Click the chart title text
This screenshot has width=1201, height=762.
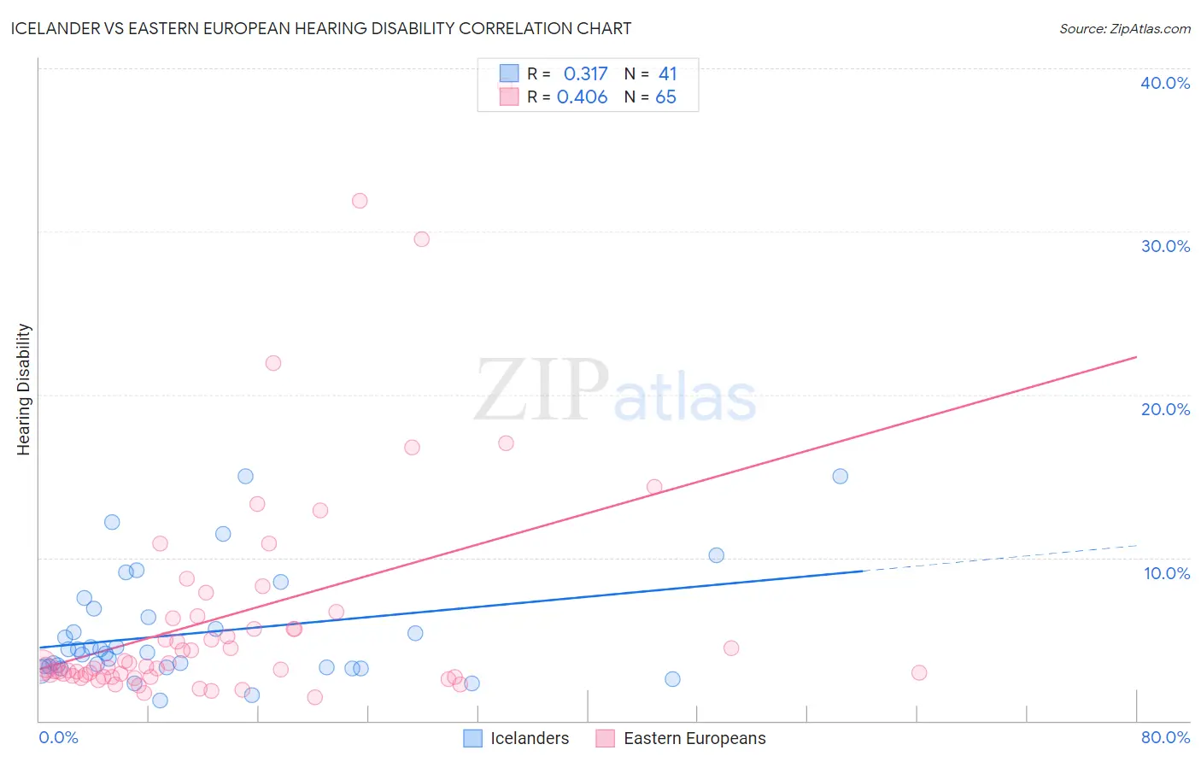point(321,28)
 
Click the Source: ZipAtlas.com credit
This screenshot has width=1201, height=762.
point(1124,28)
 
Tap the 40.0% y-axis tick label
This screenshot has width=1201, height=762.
point(1164,83)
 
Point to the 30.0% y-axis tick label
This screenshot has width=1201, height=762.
point(1164,246)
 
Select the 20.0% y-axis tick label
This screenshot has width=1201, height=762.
point(1164,409)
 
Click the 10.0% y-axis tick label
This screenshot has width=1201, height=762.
point(1166,573)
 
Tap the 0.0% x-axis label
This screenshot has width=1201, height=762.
point(58,737)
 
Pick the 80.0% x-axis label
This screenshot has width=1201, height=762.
point(1165,737)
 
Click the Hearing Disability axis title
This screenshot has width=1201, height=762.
point(24,390)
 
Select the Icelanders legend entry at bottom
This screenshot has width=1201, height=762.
point(529,738)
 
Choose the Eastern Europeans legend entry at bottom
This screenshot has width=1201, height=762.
point(694,738)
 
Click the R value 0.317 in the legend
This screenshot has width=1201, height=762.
point(585,74)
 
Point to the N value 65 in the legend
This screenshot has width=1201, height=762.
point(665,97)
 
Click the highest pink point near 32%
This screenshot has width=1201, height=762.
point(360,201)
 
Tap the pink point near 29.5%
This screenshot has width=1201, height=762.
point(421,239)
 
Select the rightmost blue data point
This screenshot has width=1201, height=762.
point(840,477)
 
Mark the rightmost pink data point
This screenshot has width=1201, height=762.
point(919,672)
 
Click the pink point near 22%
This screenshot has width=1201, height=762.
point(273,363)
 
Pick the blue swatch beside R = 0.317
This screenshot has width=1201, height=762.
point(509,73)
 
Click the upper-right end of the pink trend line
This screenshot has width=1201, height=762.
point(1136,356)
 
